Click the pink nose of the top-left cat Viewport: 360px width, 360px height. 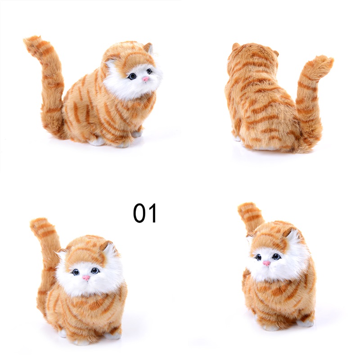click(145, 79)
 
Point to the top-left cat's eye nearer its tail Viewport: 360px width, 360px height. click(132, 76)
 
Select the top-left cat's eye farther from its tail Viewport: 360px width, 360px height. click(149, 71)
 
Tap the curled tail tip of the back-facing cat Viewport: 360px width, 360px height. click(325, 61)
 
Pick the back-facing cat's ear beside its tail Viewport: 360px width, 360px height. click(275, 53)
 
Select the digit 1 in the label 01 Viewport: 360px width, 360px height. click(153, 213)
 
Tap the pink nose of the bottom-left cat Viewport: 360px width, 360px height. click(86, 278)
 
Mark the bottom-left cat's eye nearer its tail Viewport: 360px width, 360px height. click(75, 272)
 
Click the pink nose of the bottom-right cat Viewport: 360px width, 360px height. click(266, 263)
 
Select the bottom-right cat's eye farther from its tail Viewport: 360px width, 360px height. click(276, 256)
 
